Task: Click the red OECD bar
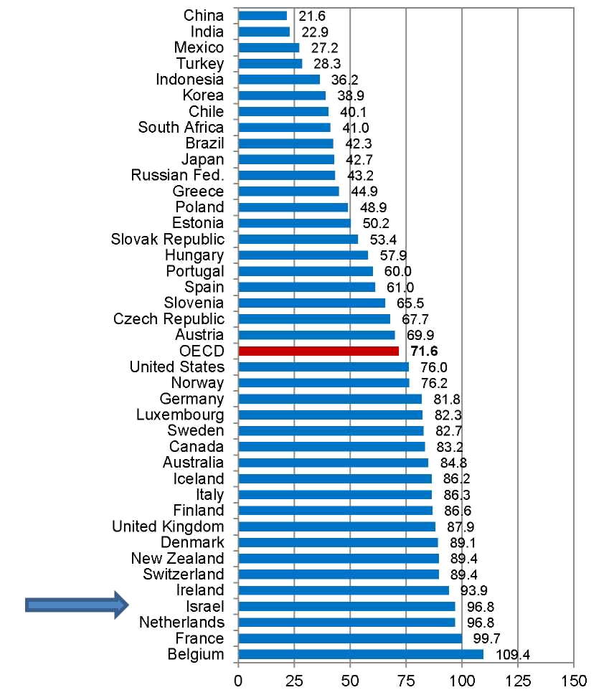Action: (x=318, y=351)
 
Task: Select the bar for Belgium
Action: (x=361, y=654)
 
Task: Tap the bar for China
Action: (x=263, y=15)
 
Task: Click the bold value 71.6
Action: (x=423, y=351)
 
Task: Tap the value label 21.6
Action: (x=311, y=15)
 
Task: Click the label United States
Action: (x=177, y=367)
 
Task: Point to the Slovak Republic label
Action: (x=168, y=239)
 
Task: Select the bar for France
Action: (x=350, y=638)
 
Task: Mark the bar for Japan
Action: (x=286, y=159)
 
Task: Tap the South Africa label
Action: (x=181, y=127)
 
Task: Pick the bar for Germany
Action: (x=330, y=399)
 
